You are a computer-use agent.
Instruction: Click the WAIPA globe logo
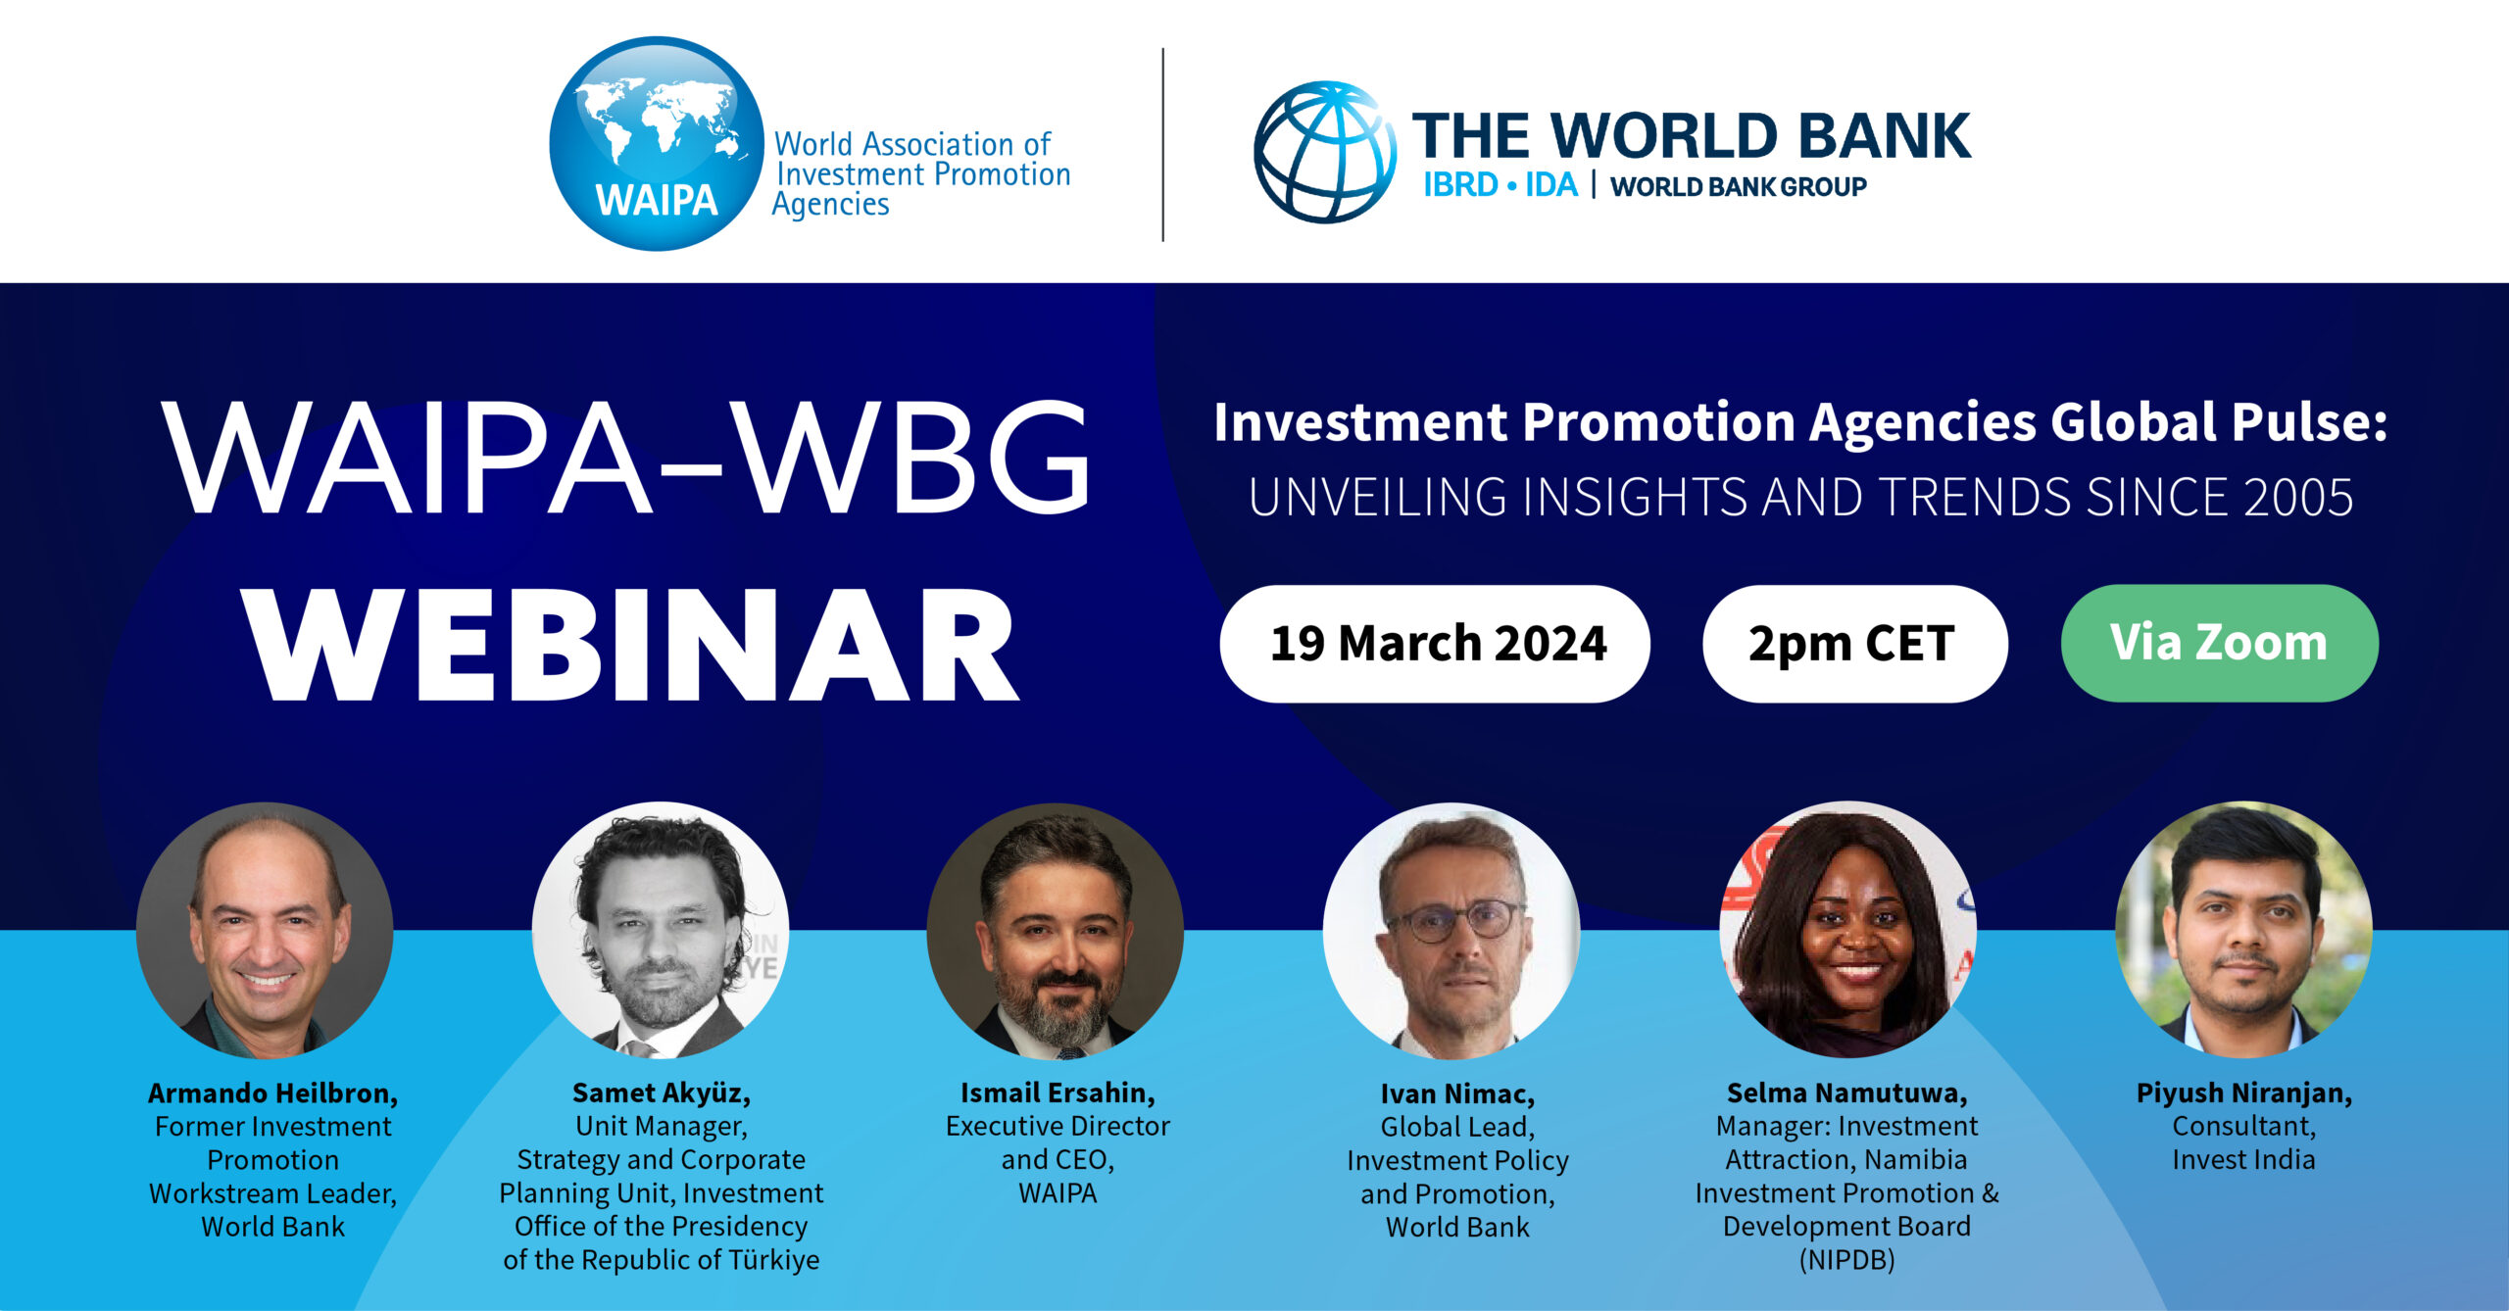tap(657, 144)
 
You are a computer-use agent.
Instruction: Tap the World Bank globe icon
tap(1325, 152)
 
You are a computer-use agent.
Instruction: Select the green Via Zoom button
tap(2219, 643)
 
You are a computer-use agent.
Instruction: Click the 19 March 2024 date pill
tap(1435, 644)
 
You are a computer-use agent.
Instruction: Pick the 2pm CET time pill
tap(1854, 644)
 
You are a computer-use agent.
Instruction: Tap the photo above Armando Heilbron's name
tap(265, 931)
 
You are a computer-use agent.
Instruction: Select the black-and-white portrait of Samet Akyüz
tap(661, 931)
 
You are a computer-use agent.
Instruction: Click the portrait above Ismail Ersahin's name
tap(1056, 931)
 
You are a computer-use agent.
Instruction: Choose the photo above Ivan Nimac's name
tap(1451, 931)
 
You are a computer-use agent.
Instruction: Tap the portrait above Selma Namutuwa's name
tap(1847, 931)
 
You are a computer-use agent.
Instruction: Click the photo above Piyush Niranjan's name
tap(2244, 931)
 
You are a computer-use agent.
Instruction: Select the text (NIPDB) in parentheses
tap(1846, 1260)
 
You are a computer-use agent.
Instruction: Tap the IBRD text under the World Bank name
tap(1460, 185)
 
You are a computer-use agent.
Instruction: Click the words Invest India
tap(2243, 1160)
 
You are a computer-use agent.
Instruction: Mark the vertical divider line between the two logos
tap(1163, 145)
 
